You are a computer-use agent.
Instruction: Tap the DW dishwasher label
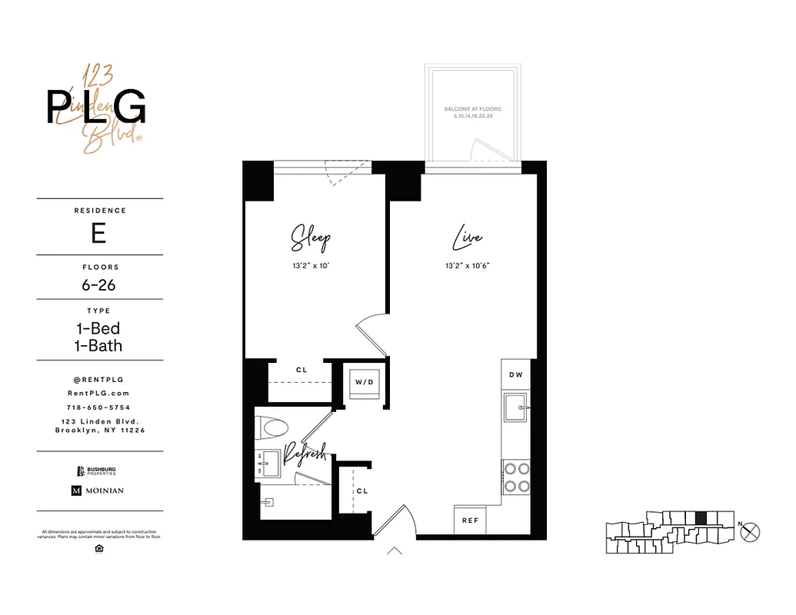pyautogui.click(x=515, y=374)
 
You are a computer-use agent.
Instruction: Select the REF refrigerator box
pyautogui.click(x=470, y=520)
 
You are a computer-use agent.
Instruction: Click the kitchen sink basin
pyautogui.click(x=515, y=407)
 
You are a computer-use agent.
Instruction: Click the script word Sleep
pyautogui.click(x=310, y=238)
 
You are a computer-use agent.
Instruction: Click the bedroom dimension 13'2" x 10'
pyautogui.click(x=310, y=265)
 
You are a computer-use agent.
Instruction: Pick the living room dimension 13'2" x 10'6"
pyautogui.click(x=467, y=265)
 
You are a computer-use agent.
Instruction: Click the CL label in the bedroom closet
pyautogui.click(x=301, y=370)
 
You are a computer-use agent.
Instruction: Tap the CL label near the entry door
pyautogui.click(x=361, y=490)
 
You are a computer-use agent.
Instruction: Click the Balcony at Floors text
pyautogui.click(x=473, y=112)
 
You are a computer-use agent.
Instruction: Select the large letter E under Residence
pyautogui.click(x=98, y=233)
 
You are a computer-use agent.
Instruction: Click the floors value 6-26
pyautogui.click(x=98, y=284)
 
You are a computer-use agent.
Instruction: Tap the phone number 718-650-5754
pyautogui.click(x=98, y=407)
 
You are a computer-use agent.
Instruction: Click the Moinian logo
pyautogui.click(x=98, y=490)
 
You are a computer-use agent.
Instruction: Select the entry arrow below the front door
pyautogui.click(x=395, y=550)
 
